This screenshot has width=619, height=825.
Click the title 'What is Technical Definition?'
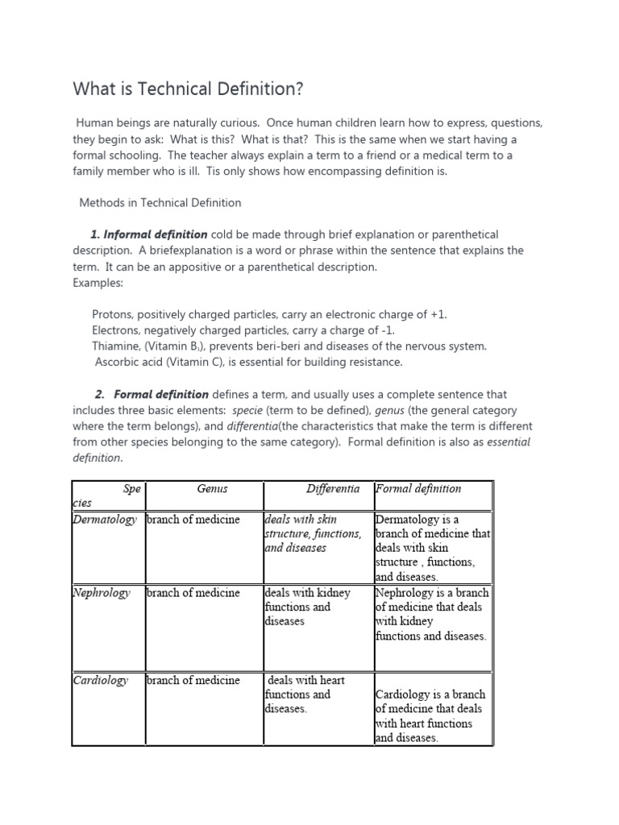click(x=189, y=88)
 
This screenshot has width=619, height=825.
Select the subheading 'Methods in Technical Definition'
click(x=160, y=202)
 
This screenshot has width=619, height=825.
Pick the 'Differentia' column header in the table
click(x=333, y=488)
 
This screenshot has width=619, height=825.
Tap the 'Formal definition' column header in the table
click(x=418, y=488)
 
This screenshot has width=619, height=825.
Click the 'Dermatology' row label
click(x=105, y=519)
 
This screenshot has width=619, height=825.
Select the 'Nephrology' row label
click(x=102, y=592)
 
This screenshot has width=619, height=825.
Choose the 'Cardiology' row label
click(x=101, y=680)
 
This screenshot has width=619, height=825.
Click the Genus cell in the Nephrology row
click(x=193, y=592)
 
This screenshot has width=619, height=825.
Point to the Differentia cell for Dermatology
click(x=313, y=533)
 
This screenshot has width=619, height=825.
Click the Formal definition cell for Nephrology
click(x=431, y=614)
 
